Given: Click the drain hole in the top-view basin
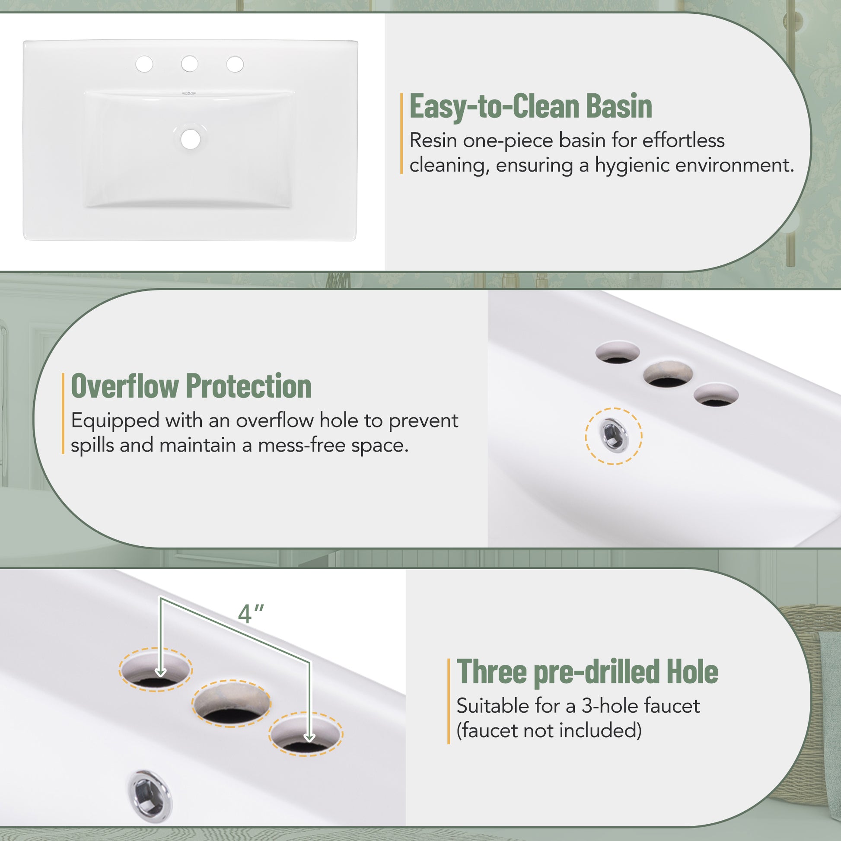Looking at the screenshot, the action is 190,139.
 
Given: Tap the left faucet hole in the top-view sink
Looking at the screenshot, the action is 144,64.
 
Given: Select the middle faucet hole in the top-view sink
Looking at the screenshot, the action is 189,64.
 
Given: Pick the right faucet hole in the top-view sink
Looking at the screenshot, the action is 235,64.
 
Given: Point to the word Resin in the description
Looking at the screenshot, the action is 433,140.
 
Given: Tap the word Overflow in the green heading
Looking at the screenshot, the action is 125,385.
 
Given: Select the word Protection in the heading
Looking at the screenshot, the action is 248,385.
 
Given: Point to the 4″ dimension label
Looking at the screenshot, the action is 251,614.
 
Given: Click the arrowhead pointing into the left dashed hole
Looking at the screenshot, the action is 161,672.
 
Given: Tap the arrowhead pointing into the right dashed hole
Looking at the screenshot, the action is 309,736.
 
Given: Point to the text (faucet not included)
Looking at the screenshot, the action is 549,730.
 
